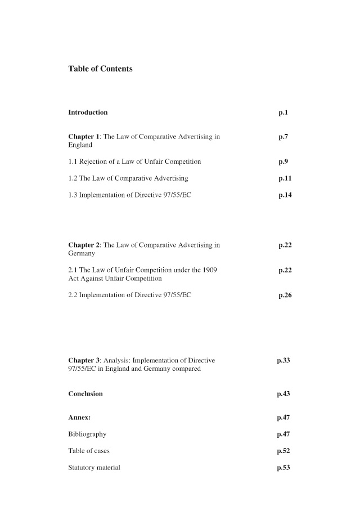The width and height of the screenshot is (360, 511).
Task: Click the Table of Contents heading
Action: (100, 69)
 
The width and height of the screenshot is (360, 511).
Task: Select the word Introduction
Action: (88, 113)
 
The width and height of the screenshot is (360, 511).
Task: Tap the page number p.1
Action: (283, 113)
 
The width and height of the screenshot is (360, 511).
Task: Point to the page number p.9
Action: (283, 162)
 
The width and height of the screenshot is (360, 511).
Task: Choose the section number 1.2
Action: (73, 178)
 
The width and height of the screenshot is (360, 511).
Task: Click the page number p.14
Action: (285, 195)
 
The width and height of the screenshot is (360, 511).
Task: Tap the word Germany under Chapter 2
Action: (82, 254)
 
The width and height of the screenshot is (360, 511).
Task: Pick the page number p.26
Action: (285, 295)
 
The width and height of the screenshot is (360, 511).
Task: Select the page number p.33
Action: (283, 360)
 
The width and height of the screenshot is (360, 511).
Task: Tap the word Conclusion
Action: (85, 394)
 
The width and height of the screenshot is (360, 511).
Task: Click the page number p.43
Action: (283, 394)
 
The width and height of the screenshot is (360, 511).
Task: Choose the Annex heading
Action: (80, 418)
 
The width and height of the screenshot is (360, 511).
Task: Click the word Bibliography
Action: (87, 434)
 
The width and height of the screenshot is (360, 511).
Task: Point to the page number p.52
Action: (283, 451)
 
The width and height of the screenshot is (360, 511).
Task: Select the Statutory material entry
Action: (94, 468)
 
